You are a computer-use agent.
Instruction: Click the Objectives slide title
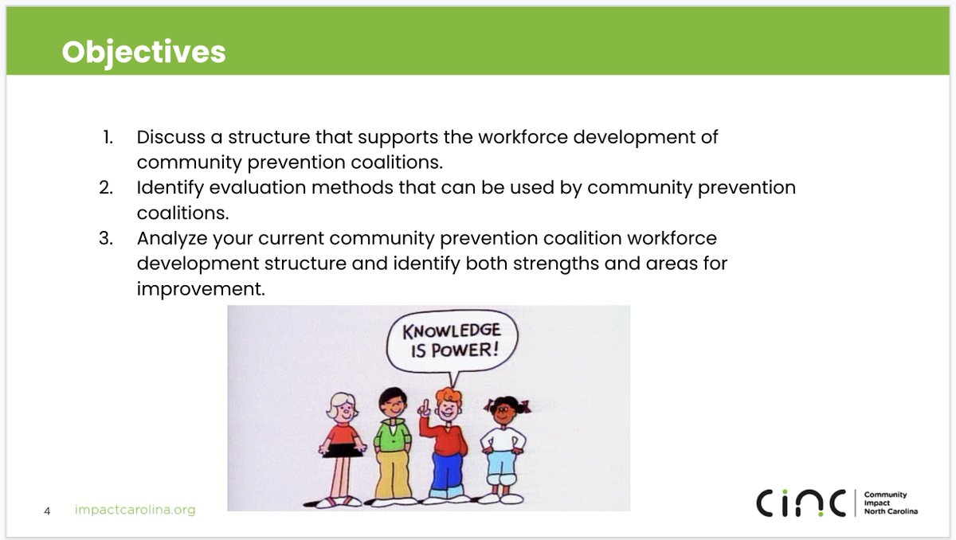point(143,52)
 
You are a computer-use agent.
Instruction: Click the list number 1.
point(108,137)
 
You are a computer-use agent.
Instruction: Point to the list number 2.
point(107,188)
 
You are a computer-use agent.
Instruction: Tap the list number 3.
point(106,238)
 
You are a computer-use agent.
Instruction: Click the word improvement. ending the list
point(201,288)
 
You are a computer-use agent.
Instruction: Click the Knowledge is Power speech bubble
point(451,340)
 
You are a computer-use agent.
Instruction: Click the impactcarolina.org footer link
point(134,510)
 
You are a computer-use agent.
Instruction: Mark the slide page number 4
point(47,511)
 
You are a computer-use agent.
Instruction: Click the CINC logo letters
point(802,503)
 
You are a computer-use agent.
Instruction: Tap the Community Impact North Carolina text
point(890,503)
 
